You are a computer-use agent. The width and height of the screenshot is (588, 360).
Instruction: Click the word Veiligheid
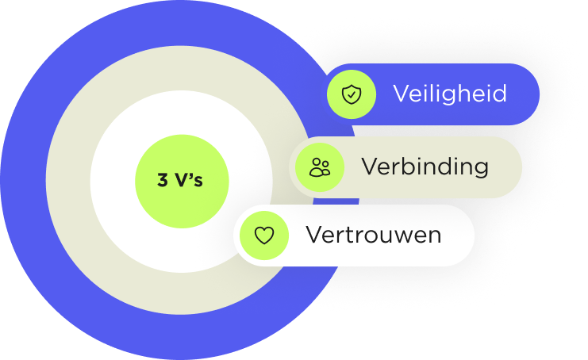449,94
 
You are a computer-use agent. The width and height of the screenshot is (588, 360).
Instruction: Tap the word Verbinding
425,167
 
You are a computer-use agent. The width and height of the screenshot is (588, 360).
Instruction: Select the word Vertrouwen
374,236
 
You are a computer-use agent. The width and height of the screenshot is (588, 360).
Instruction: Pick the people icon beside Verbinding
320,167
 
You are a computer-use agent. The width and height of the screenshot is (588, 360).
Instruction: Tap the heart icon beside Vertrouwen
263,236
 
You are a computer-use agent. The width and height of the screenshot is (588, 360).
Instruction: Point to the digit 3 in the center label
163,181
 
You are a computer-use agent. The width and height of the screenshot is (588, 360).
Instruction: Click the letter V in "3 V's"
182,181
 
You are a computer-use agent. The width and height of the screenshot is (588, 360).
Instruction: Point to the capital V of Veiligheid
401,94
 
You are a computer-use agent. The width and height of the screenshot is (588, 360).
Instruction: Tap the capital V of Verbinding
369,167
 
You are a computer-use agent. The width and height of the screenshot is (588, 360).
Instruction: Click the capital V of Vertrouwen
313,236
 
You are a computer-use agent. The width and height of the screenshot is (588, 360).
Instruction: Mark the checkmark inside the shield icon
351,95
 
